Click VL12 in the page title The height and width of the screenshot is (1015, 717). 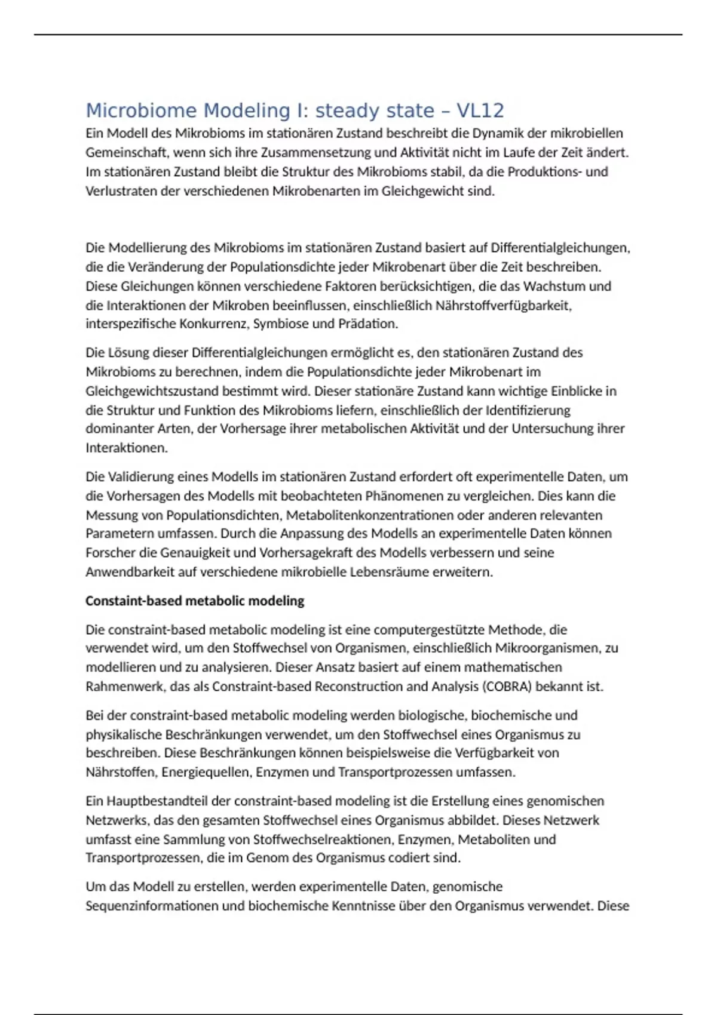click(x=480, y=110)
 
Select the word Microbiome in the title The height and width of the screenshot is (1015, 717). click(x=141, y=110)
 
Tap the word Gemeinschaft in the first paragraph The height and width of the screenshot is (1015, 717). click(x=126, y=152)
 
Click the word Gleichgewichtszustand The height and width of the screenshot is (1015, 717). click(x=152, y=391)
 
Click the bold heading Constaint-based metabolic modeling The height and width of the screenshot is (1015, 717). click(x=195, y=601)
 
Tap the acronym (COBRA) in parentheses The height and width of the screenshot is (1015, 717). click(x=507, y=686)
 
